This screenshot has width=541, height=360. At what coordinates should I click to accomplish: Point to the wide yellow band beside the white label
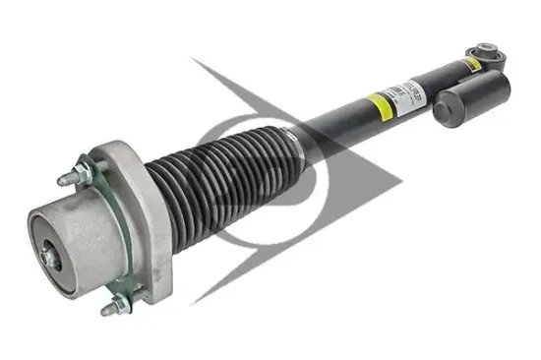(375, 103)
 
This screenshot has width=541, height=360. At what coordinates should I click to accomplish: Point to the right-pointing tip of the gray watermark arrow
(403, 183)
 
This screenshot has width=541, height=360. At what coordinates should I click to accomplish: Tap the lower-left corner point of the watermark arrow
(194, 302)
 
